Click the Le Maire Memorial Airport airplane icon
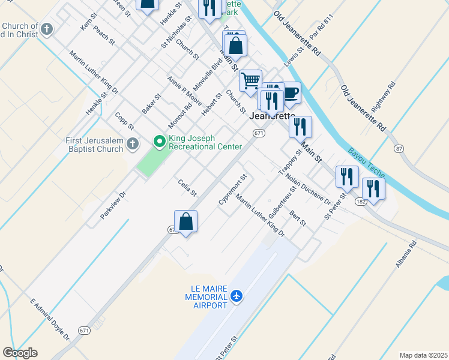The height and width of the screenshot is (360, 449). click(x=237, y=296)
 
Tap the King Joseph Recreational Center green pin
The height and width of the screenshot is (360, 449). click(x=160, y=142)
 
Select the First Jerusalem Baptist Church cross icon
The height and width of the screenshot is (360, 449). click(x=133, y=145)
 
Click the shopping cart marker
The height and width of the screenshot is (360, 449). click(x=250, y=80)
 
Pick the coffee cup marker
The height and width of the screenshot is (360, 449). click(x=289, y=92)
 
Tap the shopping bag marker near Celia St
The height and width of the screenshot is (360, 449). click(x=186, y=221)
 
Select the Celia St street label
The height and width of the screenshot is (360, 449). click(x=187, y=188)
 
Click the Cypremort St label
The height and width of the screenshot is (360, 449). click(x=233, y=190)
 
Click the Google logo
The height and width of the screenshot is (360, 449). click(x=20, y=353)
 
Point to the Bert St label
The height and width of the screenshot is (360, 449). click(x=298, y=218)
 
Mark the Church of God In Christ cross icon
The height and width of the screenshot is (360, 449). click(x=47, y=29)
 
